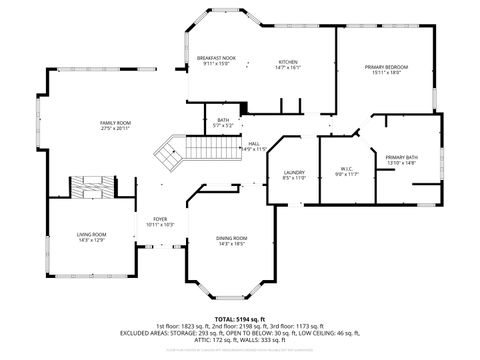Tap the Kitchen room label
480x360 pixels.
[x=288, y=62]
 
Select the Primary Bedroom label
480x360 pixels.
[x=385, y=66]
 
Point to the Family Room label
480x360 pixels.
[x=116, y=122]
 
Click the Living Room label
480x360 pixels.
[x=91, y=234]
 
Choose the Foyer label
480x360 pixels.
[x=160, y=218]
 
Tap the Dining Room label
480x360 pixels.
[x=232, y=237]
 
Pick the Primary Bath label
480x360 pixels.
[x=401, y=158]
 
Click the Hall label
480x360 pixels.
[x=255, y=143]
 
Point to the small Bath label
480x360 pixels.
[x=223, y=120]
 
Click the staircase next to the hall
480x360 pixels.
[x=169, y=153]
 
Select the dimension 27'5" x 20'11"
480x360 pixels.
[x=116, y=128]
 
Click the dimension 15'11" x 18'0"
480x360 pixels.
[x=385, y=72]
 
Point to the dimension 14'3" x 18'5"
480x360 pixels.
[x=232, y=243]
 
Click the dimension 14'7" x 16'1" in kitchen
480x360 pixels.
[x=288, y=68]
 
